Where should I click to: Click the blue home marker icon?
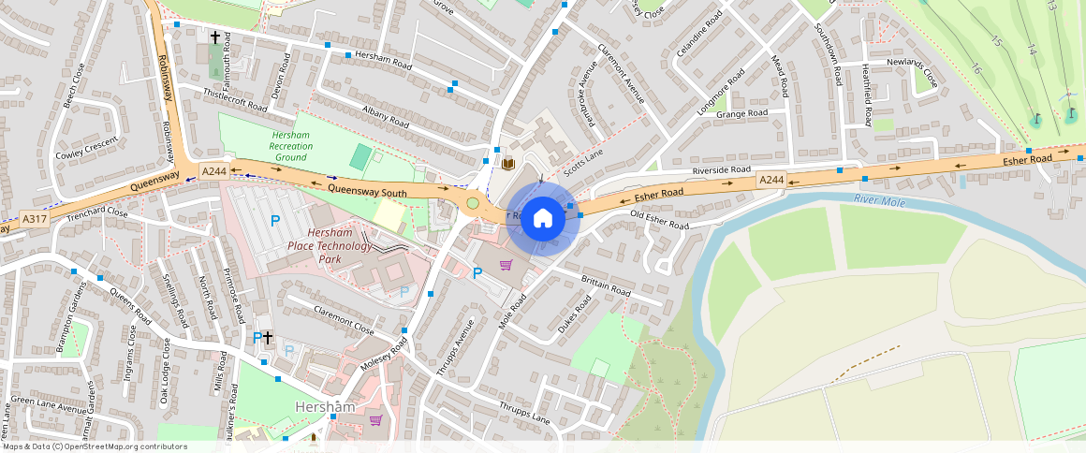pyautogui.click(x=542, y=219)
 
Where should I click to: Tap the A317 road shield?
pyautogui.click(x=35, y=219)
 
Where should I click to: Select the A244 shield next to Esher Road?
pyautogui.click(x=771, y=180)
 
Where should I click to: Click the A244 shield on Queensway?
pyautogui.click(x=214, y=170)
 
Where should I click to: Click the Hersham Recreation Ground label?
pyautogui.click(x=291, y=146)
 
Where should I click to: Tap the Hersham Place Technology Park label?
pyautogui.click(x=341, y=245)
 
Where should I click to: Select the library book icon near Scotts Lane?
pyautogui.click(x=508, y=165)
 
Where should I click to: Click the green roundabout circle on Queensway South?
pyautogui.click(x=473, y=202)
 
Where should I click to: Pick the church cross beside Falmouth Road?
pyautogui.click(x=215, y=37)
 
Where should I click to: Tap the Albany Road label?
pyautogui.click(x=386, y=117)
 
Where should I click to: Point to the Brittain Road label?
pyautogui.click(x=606, y=285)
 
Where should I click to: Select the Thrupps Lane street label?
pyautogui.click(x=525, y=413)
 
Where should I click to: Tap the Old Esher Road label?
pyautogui.click(x=660, y=221)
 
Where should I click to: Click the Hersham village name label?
pyautogui.click(x=324, y=407)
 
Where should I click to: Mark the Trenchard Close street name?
pyautogui.click(x=97, y=212)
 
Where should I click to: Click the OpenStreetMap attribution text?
pyautogui.click(x=94, y=446)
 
